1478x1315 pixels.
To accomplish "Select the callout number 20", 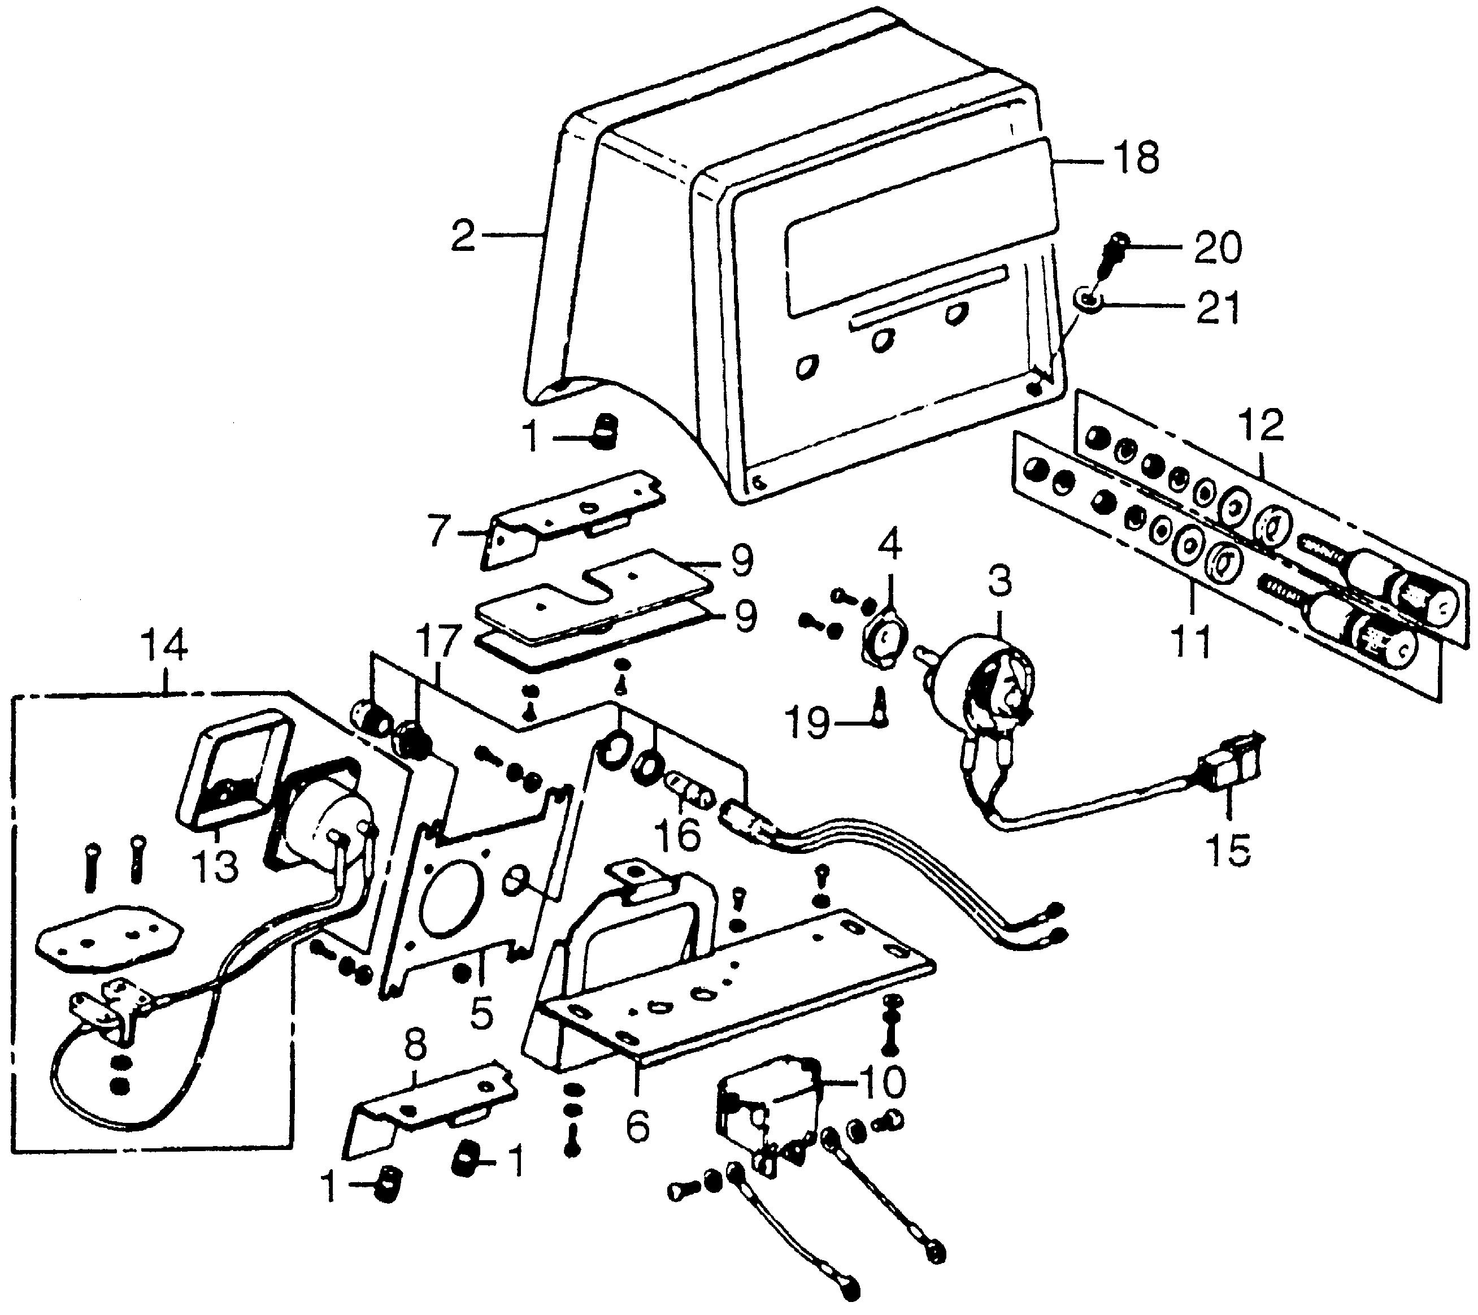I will click(x=1216, y=248).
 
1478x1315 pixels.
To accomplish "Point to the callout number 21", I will click(x=1216, y=308).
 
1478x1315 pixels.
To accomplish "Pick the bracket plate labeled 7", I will click(x=571, y=521).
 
